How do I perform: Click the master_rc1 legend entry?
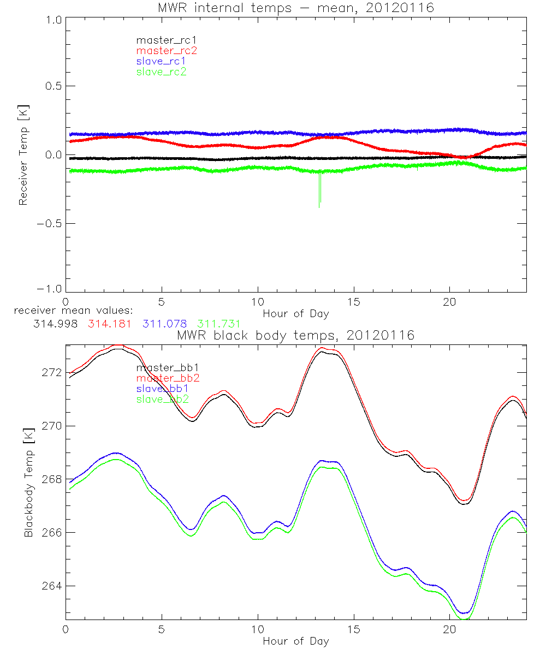(x=161, y=40)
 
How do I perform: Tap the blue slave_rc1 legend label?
(x=161, y=61)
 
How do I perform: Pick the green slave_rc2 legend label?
(x=161, y=72)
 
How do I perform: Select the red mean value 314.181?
(x=109, y=324)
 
